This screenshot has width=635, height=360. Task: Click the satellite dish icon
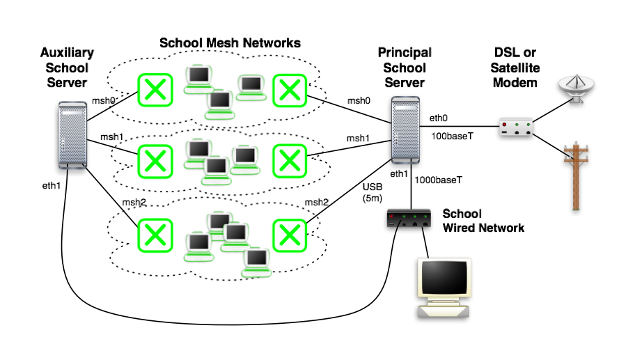pyautogui.click(x=577, y=90)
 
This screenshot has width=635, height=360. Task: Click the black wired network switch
pyautogui.click(x=411, y=219)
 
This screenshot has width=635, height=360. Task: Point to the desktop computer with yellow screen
pyautogui.click(x=444, y=288)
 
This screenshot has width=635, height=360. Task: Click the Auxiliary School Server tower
pyautogui.click(x=71, y=139)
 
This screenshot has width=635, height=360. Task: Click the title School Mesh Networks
pyautogui.click(x=230, y=43)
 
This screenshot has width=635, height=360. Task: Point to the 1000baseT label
pyautogui.click(x=439, y=180)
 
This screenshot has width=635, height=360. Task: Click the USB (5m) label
pyautogui.click(x=373, y=192)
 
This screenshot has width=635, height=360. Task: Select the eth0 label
pyautogui.click(x=439, y=118)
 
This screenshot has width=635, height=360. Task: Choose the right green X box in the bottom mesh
pyautogui.click(x=288, y=234)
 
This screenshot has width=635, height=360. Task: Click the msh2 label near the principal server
pyautogui.click(x=316, y=203)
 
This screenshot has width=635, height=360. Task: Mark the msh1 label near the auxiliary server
pyautogui.click(x=111, y=136)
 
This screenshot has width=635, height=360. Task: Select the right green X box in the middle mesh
pyautogui.click(x=288, y=159)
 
